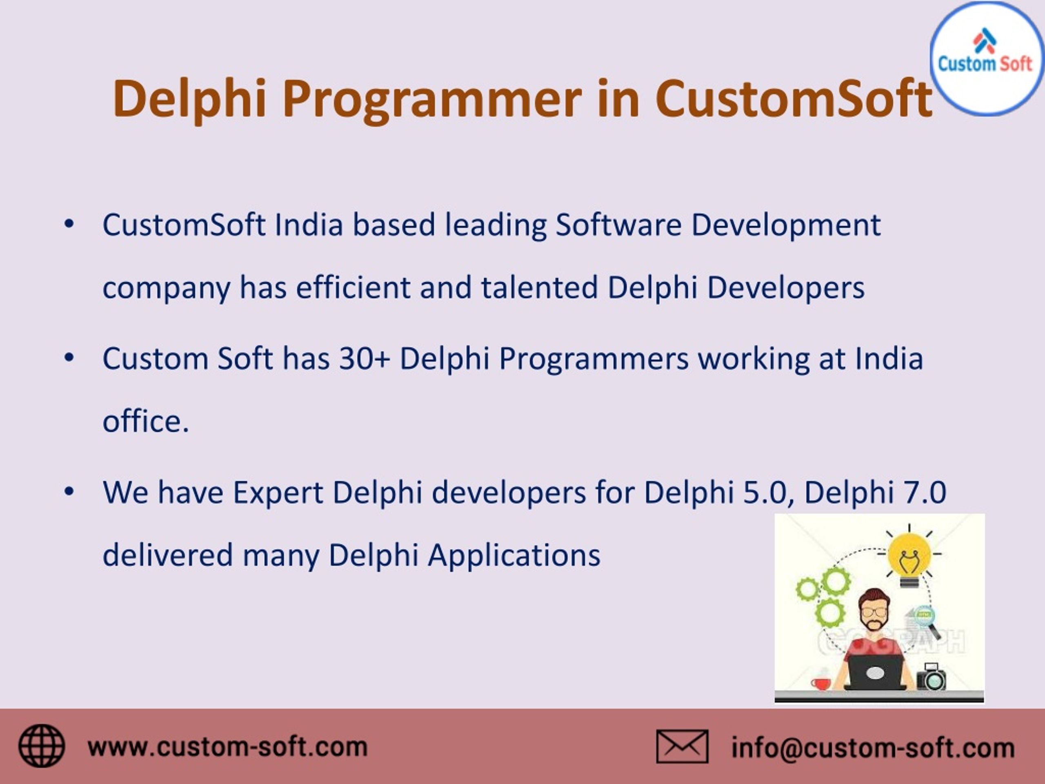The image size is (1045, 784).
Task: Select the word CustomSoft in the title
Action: [794, 98]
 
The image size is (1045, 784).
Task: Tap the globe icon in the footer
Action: [42, 746]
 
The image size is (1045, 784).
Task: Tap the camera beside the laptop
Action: [931, 678]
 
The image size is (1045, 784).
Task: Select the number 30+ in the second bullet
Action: [364, 359]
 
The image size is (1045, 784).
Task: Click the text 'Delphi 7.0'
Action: [875, 492]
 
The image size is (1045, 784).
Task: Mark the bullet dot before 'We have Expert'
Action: [69, 492]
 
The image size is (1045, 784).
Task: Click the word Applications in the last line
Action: [514, 555]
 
